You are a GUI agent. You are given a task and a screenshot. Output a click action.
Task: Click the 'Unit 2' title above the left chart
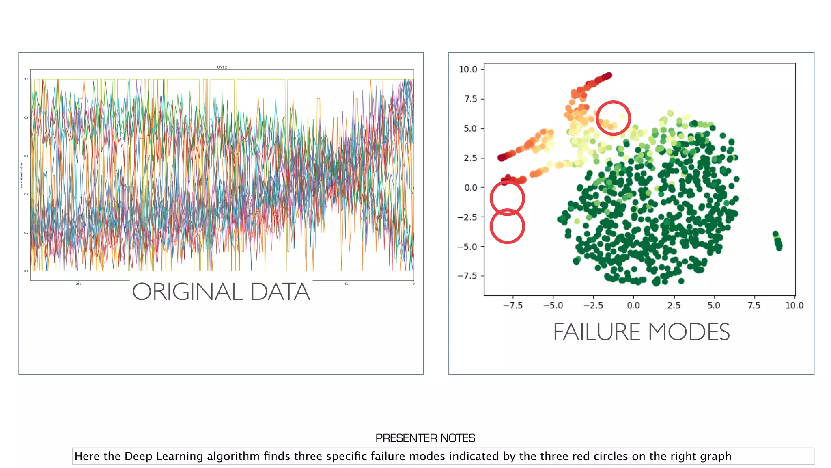[x=222, y=67]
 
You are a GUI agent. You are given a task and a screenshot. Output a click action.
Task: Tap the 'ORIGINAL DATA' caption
[x=221, y=292]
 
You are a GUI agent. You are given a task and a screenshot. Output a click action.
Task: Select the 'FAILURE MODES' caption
[x=641, y=332]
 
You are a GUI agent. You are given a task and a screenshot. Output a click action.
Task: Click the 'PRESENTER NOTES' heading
[x=425, y=438]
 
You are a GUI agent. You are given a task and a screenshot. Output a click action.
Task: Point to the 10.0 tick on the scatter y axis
[x=468, y=69]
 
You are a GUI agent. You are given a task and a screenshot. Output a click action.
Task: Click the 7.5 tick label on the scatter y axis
[x=471, y=99]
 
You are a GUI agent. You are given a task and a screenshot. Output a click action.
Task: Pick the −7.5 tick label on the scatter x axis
[x=512, y=305]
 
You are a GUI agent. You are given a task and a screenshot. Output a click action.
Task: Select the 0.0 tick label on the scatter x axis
[x=633, y=305]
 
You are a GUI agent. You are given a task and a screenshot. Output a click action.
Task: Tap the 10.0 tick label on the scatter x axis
[x=794, y=305]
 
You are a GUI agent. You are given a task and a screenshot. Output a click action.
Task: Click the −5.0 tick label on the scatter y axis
[x=467, y=247]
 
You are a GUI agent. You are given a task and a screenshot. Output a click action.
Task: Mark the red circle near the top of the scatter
[x=613, y=118]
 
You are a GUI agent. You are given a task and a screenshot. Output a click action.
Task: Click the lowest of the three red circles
[x=507, y=226]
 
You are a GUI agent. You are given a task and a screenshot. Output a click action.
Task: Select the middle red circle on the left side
[x=507, y=198]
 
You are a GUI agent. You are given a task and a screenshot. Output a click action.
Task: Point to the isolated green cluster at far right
[x=778, y=241]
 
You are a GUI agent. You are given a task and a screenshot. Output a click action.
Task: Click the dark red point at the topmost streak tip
[x=608, y=76]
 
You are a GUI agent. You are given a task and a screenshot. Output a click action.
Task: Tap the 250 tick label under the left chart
[x=78, y=284]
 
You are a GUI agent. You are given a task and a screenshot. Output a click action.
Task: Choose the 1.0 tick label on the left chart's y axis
[x=26, y=79]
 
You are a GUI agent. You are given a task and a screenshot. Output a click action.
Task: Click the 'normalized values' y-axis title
[x=22, y=175]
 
